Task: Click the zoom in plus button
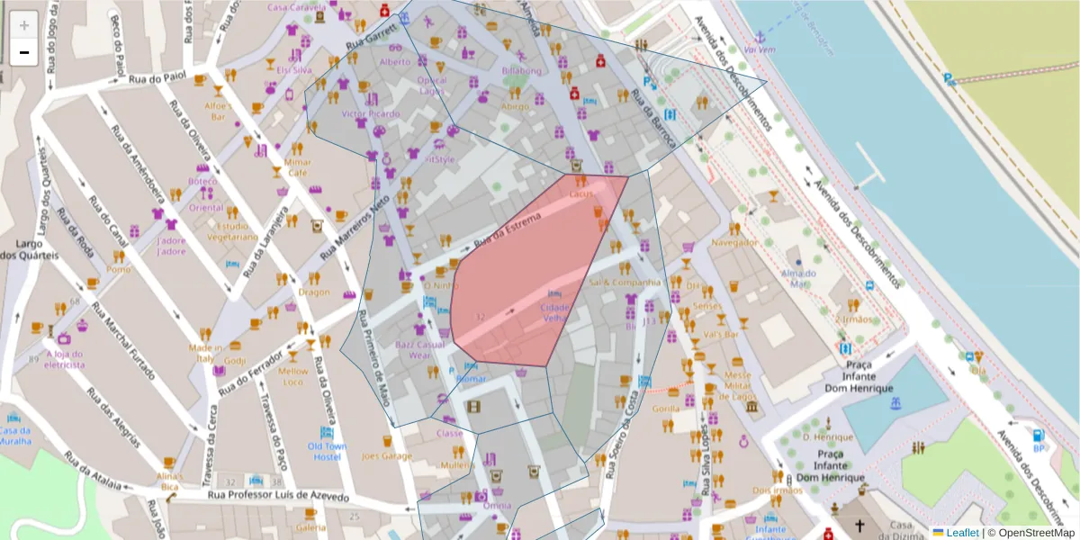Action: pos(24,25)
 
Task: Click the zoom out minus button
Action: pos(24,52)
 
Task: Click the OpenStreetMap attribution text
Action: pos(1030,533)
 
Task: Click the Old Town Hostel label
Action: pos(326,451)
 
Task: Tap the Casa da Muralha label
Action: pos(15,435)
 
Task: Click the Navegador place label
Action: pos(734,243)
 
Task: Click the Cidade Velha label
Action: pos(554,311)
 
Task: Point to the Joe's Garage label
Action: pos(387,456)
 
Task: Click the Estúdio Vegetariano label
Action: pos(232,231)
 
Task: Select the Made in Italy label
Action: pos(205,353)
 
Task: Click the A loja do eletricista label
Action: pos(65,360)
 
